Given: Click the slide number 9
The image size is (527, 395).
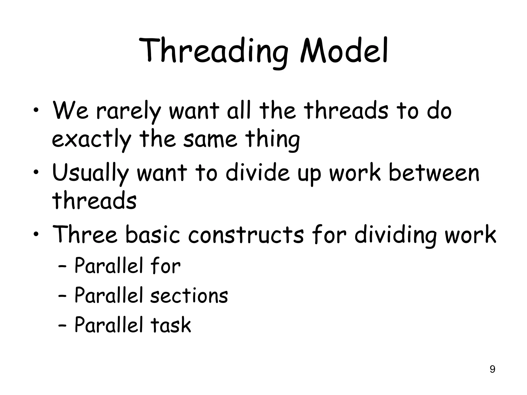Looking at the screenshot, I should tap(492, 369).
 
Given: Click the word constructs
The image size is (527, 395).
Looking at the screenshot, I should tap(246, 235).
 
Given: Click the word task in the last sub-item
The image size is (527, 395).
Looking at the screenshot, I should tap(171, 325).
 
